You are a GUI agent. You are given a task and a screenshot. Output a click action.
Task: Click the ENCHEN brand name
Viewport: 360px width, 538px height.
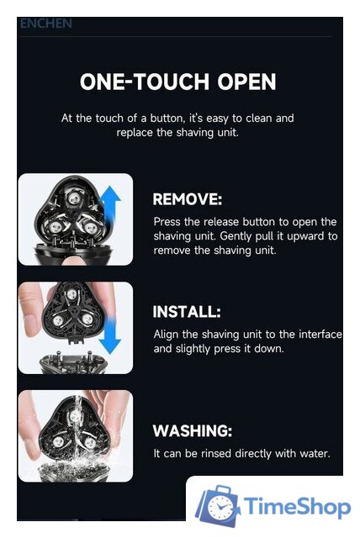tap(46, 24)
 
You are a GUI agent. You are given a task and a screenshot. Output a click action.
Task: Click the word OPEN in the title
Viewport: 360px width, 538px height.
tap(246, 82)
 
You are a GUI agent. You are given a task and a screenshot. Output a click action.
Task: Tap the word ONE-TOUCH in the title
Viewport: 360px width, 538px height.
tap(145, 82)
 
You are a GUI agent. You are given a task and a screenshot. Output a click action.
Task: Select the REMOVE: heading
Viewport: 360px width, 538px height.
tap(188, 199)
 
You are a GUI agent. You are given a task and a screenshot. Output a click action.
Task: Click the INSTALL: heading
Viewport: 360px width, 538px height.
tap(187, 312)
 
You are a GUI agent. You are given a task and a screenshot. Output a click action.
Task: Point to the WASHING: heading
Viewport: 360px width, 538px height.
tap(192, 431)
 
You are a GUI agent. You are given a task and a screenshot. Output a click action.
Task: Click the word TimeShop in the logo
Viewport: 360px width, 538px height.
tap(297, 506)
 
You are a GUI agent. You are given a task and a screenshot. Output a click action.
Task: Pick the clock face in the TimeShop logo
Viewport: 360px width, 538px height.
tap(220, 508)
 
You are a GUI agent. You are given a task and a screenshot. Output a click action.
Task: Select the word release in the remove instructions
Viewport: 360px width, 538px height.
tap(221, 222)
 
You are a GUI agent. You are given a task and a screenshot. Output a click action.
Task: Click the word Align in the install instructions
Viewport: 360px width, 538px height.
tap(166, 335)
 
